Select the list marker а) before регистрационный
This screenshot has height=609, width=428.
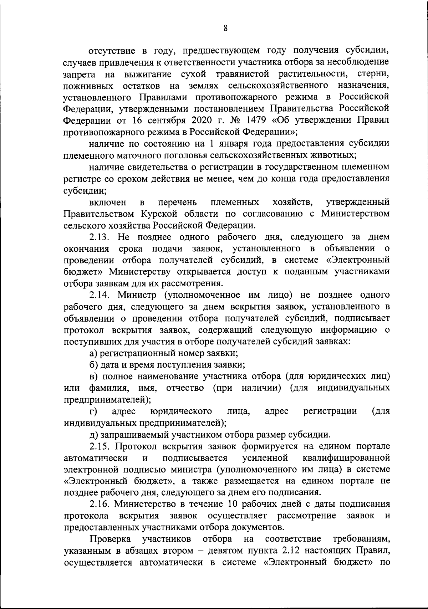coord(93,353)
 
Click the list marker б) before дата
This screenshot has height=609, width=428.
coord(93,365)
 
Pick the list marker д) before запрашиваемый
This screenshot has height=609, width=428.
coord(93,435)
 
